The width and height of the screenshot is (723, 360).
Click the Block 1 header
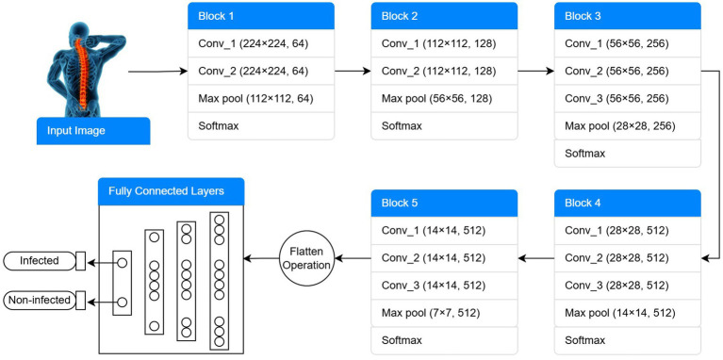click(260, 16)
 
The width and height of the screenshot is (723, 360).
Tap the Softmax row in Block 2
click(444, 126)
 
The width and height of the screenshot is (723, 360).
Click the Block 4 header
click(627, 204)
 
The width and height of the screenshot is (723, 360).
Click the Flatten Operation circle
click(306, 258)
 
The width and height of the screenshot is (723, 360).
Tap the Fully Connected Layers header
click(171, 191)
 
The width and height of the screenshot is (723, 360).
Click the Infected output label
click(40, 261)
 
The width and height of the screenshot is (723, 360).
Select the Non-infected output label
click(40, 301)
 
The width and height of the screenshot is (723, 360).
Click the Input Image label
click(93, 131)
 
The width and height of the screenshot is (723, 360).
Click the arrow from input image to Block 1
click(157, 72)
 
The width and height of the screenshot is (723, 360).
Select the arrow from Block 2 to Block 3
click(535, 72)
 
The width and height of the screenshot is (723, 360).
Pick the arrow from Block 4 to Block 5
click(535, 258)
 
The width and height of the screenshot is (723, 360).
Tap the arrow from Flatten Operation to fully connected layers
click(261, 258)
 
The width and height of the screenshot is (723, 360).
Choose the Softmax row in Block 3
click(627, 153)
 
